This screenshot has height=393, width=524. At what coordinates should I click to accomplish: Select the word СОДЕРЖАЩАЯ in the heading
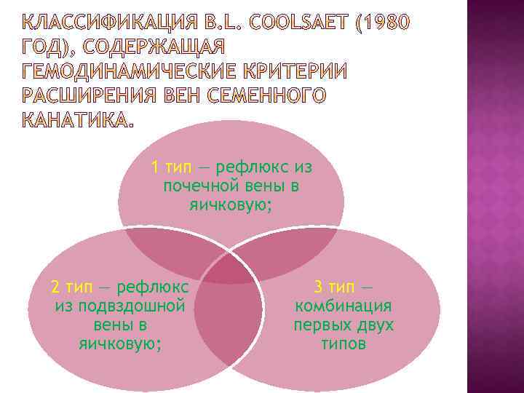point(156,47)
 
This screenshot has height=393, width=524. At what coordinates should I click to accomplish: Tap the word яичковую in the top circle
point(231,206)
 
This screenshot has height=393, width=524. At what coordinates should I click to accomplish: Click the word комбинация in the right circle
point(343,306)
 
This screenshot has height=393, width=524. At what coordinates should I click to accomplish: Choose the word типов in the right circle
point(343,344)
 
